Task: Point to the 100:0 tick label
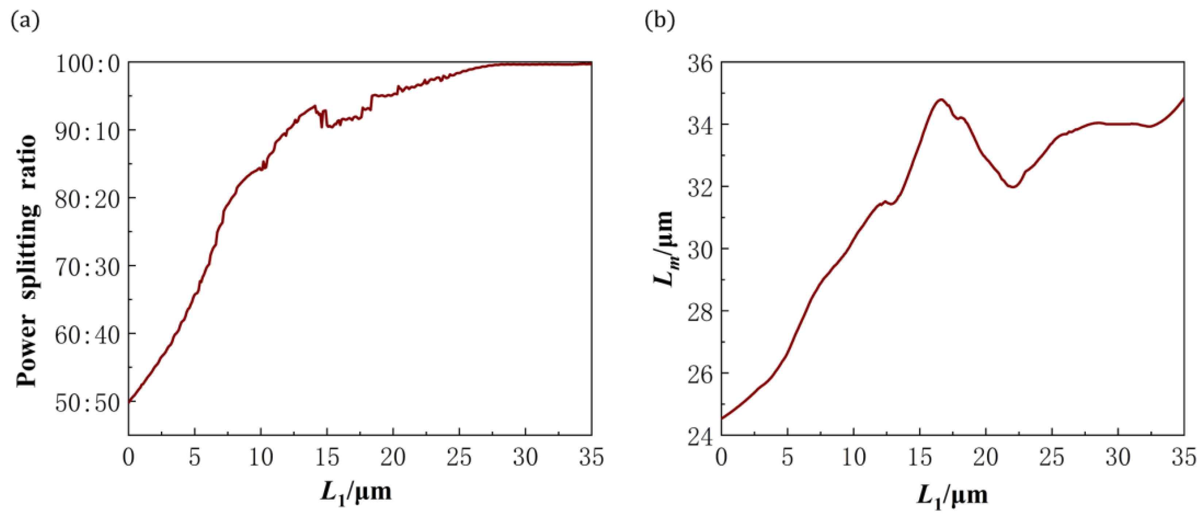pos(88,64)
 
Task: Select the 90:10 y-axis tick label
pos(88,132)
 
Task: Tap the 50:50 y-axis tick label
pos(88,403)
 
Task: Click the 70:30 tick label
pos(88,268)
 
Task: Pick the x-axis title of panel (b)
pos(952,495)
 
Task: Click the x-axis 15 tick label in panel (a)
pos(327,458)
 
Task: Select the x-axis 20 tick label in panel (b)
pos(986,458)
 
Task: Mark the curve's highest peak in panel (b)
pos(941,99)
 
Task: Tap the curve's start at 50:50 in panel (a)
pos(129,401)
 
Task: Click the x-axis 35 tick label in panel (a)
pos(591,458)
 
